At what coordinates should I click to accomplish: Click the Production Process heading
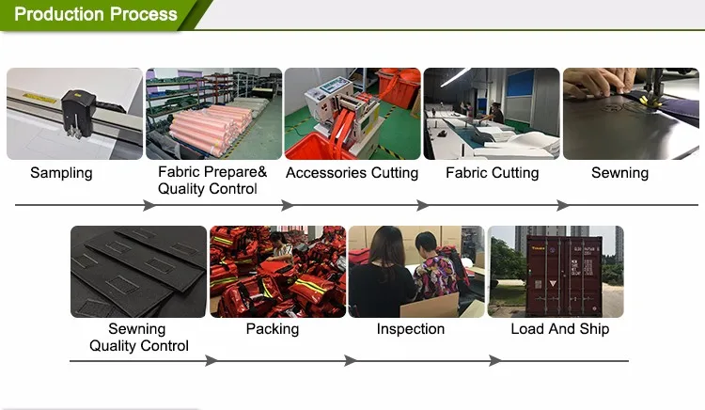96,14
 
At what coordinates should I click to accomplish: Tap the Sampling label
61,173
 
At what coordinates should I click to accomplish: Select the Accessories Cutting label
352,173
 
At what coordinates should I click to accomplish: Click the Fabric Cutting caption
493,173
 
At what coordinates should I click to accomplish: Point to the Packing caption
273,329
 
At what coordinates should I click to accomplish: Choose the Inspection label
411,329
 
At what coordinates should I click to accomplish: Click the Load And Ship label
560,329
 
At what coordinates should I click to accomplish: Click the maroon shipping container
564,276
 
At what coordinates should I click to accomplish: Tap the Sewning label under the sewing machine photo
619,173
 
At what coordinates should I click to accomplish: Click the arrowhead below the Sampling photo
149,205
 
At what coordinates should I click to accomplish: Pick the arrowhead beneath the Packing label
352,360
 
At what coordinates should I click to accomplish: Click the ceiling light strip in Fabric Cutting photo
456,77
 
